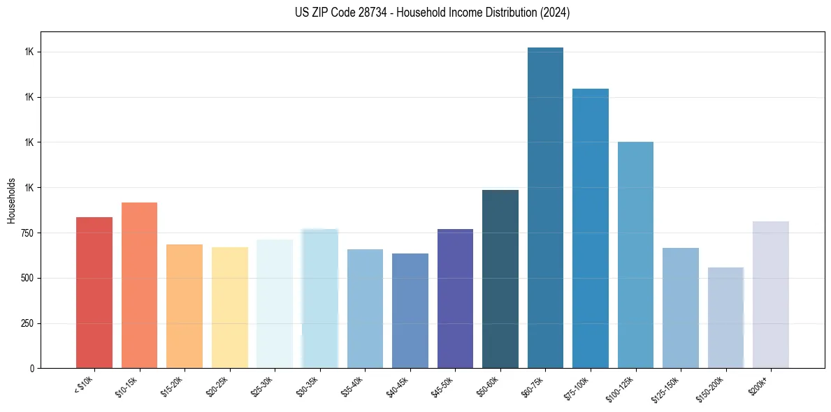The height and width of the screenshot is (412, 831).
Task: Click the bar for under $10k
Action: point(94,293)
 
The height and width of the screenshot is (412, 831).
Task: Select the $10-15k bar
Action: point(139,286)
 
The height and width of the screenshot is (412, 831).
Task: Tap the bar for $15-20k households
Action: point(185,307)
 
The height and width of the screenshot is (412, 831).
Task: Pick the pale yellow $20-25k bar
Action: point(229,308)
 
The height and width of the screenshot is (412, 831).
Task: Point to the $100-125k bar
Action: point(635,255)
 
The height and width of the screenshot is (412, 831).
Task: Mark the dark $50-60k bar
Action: point(500,279)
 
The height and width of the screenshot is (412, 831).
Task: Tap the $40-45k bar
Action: point(410,311)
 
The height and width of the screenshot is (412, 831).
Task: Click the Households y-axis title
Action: point(11,200)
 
